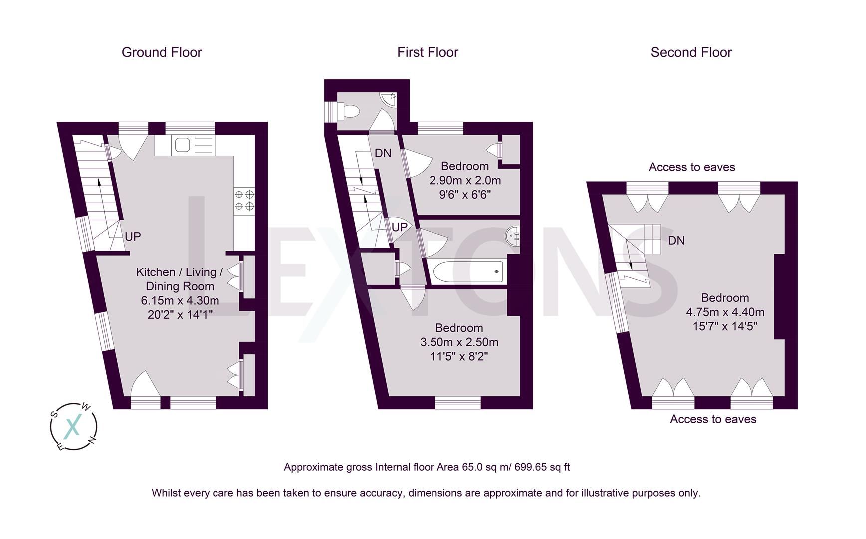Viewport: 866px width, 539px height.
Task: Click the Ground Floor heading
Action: tap(162, 52)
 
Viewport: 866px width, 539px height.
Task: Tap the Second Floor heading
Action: tap(691, 52)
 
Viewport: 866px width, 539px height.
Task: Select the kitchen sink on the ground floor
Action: tap(181, 145)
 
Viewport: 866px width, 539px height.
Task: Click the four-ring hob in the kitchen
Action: tap(244, 200)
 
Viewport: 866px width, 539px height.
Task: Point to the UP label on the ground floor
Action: tap(133, 237)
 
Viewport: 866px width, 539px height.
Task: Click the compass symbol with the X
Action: tap(73, 427)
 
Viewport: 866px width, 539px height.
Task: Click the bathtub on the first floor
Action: tap(468, 272)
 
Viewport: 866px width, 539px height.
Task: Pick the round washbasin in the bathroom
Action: tap(513, 236)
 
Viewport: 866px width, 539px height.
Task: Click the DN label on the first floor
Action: tap(383, 153)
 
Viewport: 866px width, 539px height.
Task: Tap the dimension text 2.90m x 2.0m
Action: tap(465, 180)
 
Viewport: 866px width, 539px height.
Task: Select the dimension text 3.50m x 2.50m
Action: tap(459, 342)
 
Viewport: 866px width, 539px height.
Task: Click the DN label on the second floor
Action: tap(676, 241)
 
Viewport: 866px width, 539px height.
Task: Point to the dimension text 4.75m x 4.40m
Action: tap(725, 312)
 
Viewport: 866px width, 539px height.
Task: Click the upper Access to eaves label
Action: tap(692, 167)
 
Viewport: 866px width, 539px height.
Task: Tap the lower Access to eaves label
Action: tap(713, 419)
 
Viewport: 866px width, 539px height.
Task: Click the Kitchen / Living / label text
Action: tap(180, 272)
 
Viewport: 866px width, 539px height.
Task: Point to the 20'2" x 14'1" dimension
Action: tap(180, 315)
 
